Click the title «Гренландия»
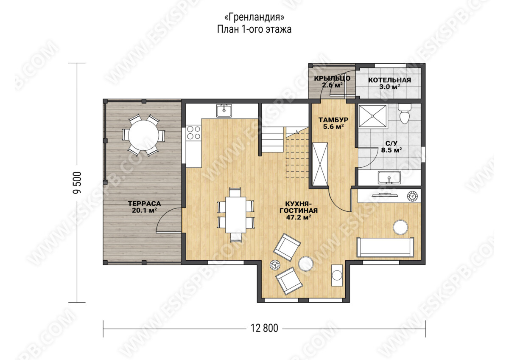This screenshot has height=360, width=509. pyautogui.click(x=254, y=17)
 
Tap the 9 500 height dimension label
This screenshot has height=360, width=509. pyautogui.click(x=77, y=183)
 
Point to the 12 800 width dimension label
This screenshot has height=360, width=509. pyautogui.click(x=264, y=328)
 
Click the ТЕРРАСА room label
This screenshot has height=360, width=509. pyautogui.click(x=144, y=203)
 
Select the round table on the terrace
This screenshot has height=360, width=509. pyautogui.click(x=143, y=135)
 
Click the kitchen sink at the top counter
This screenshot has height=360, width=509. pyautogui.click(x=224, y=111)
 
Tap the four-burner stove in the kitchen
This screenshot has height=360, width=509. pyautogui.click(x=193, y=132)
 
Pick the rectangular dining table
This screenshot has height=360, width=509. pyautogui.click(x=236, y=215)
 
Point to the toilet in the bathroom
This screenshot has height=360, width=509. pyautogui.click(x=404, y=113)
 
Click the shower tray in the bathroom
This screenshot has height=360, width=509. pyautogui.click(x=373, y=116)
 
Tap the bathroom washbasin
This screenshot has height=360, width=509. pyautogui.click(x=389, y=177)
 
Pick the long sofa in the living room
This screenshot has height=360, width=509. pyautogui.click(x=385, y=247)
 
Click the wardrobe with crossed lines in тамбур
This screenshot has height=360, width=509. pyautogui.click(x=320, y=164)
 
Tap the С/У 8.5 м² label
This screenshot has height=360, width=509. pyautogui.click(x=392, y=147)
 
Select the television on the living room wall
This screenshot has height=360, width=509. pyautogui.click(x=384, y=195)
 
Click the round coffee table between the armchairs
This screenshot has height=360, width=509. pyautogui.click(x=306, y=264)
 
